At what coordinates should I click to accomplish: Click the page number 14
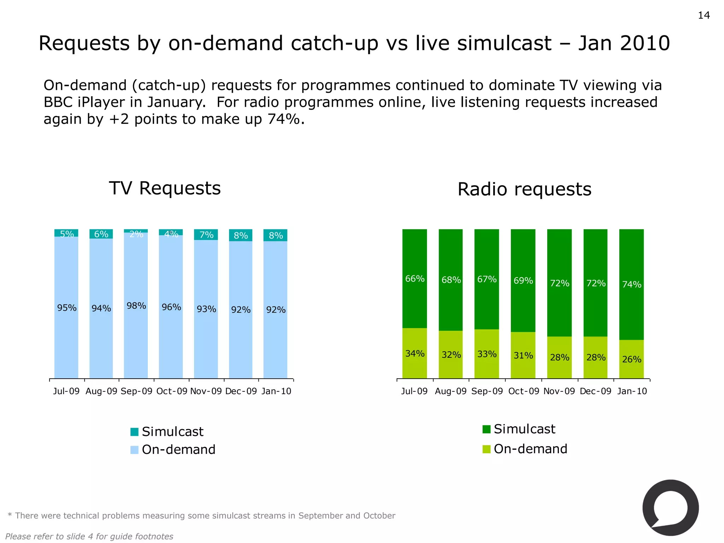coord(703,16)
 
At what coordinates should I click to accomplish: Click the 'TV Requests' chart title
coord(165,188)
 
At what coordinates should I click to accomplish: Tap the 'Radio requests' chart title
coord(524,189)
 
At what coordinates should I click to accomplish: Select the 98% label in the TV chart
coord(136,306)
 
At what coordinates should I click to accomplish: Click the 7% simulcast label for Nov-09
coord(206,235)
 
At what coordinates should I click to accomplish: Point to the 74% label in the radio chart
coord(632,285)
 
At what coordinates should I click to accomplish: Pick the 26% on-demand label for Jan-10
coord(632,360)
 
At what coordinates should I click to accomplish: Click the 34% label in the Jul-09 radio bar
coord(415,354)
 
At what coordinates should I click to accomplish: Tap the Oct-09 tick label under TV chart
coord(172,391)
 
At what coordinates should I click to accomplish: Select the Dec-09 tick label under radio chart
coord(596,391)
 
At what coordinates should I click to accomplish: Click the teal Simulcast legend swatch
coord(134,432)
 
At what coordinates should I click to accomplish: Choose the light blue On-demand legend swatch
coord(134,450)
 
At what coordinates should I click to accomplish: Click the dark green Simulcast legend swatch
coord(486,429)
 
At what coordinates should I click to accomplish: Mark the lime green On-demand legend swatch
coord(486,449)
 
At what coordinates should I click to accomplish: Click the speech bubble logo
coord(670,508)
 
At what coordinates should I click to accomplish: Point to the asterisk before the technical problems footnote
coord(10,515)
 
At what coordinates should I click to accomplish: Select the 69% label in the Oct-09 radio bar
coord(523,281)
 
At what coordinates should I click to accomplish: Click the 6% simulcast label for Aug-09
coord(101,234)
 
